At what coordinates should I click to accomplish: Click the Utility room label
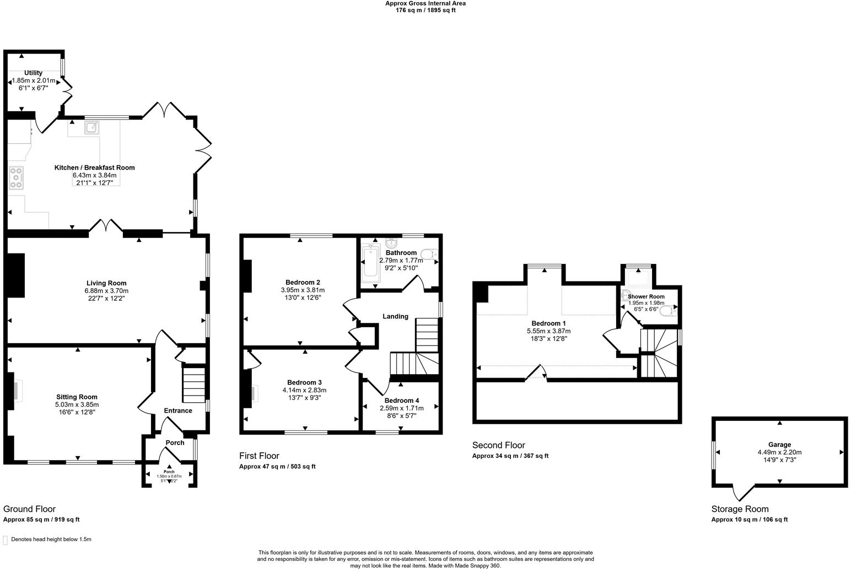pos(33,73)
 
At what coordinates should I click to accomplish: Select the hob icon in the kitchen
pos(16,177)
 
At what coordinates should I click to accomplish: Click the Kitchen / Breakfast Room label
pos(94,167)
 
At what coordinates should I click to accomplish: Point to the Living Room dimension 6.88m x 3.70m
pos(106,291)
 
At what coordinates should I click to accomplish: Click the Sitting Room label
pos(77,397)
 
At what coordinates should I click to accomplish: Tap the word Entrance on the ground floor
pos(178,410)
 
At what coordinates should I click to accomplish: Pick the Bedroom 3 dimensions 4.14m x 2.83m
pos(304,390)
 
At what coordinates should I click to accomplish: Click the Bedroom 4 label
pos(402,401)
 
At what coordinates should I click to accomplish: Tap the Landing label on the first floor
pos(395,316)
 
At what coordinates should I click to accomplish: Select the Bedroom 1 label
pos(548,323)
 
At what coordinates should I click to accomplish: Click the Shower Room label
pos(646,296)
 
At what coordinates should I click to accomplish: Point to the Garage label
pos(779,445)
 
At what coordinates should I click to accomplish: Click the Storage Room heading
pos(740,509)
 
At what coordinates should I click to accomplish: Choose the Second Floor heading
pos(499,445)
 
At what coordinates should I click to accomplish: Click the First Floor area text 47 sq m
pos(277,467)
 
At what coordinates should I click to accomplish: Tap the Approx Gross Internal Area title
pos(425,3)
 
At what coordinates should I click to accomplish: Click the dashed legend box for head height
pos(6,540)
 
